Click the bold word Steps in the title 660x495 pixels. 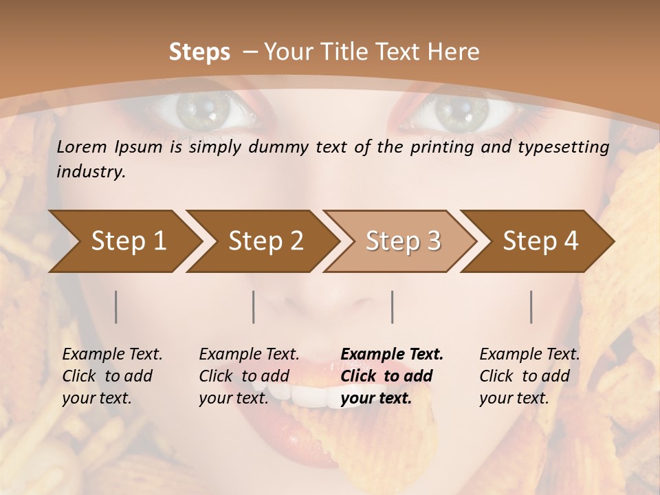(199, 52)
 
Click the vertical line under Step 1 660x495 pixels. (116, 307)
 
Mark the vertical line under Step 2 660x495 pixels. (254, 307)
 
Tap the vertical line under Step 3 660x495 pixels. (392, 307)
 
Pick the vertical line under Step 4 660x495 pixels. (531, 307)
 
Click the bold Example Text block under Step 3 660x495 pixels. (392, 376)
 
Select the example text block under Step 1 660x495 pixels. (112, 376)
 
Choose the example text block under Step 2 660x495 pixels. (249, 376)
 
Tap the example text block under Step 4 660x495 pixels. (529, 376)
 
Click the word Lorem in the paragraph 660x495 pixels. (82, 147)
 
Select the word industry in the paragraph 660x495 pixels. (91, 172)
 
